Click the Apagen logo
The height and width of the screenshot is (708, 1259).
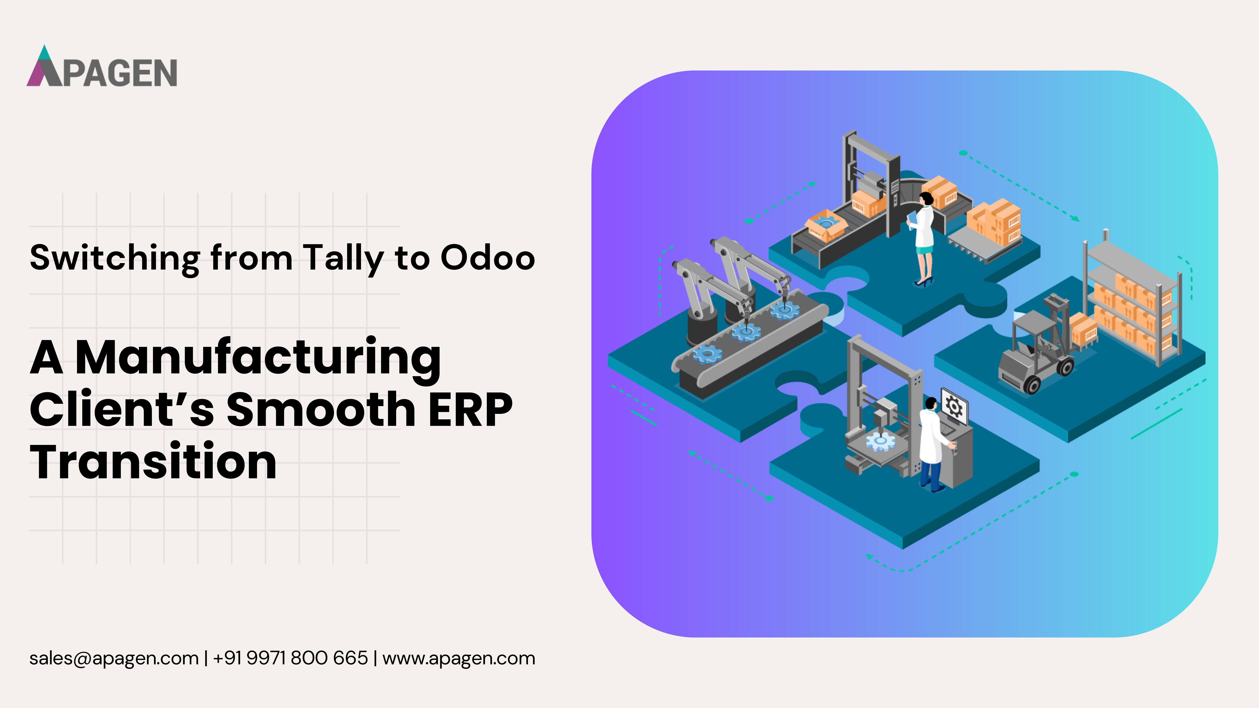tap(102, 67)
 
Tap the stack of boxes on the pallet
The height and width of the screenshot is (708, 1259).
tap(995, 222)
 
